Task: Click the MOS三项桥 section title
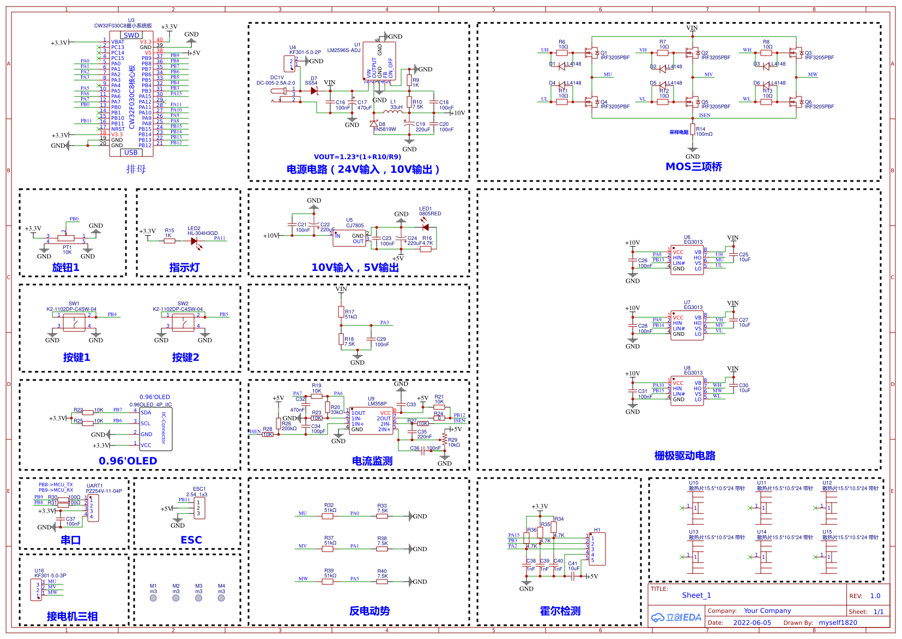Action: (693, 167)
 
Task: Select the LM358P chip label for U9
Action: (377, 404)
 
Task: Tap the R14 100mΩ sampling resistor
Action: (692, 130)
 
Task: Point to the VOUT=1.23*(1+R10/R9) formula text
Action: (357, 157)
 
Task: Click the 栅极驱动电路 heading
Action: (685, 456)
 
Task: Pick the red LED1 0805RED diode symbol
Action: (425, 227)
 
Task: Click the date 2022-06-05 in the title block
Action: (752, 623)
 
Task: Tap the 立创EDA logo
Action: (676, 617)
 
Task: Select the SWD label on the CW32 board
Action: (131, 35)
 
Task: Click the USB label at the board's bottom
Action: (131, 153)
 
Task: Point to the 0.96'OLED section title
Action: (128, 461)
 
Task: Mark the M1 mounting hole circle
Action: (153, 598)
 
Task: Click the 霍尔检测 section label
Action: (560, 611)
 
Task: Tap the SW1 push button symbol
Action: (74, 322)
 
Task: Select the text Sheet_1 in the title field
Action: (696, 595)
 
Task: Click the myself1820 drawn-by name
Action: (838, 623)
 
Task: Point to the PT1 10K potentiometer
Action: (66, 238)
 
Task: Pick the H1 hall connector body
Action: (597, 549)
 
